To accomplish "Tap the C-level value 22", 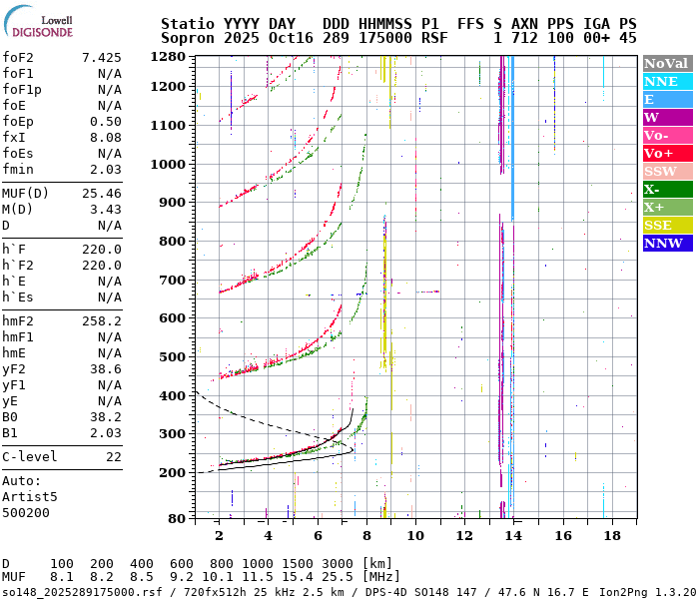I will [114, 456].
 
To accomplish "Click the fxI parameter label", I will [14, 138].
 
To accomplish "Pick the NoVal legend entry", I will [667, 63].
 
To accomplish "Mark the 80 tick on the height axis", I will [177, 518].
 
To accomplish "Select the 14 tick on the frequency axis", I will [513, 536].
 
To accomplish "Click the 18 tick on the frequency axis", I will [611, 536].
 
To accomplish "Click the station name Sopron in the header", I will [189, 38].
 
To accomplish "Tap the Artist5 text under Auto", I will [30, 496].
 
